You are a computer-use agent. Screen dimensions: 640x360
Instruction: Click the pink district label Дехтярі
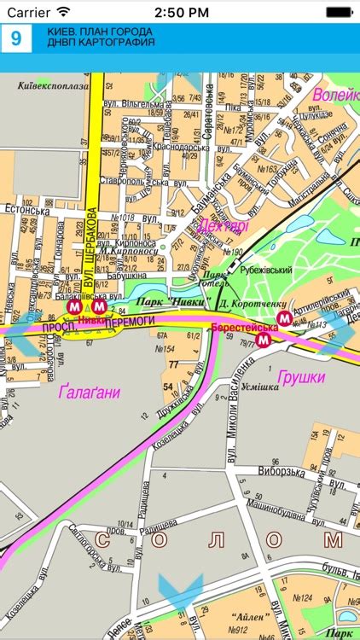(223, 227)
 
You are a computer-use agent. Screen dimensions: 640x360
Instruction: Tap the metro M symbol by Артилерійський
(286, 317)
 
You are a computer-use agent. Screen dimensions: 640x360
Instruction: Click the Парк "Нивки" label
(167, 301)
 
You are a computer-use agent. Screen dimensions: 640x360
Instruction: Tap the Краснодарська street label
(180, 147)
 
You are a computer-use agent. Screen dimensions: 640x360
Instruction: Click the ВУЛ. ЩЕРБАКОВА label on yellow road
(90, 249)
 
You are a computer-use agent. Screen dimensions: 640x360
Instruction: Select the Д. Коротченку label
(247, 304)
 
